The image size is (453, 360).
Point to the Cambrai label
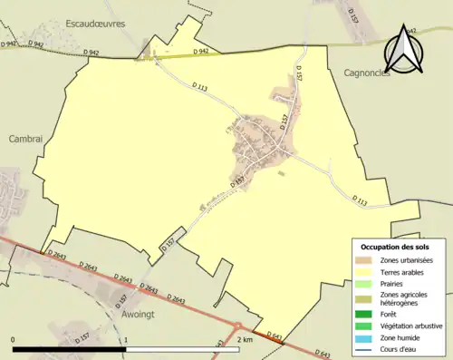pyautogui.click(x=24, y=139)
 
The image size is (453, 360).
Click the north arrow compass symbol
pyautogui.click(x=405, y=50)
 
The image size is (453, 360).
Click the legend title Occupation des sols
pyautogui.click(x=395, y=247)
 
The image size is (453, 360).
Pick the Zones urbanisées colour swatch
pyautogui.click(x=366, y=260)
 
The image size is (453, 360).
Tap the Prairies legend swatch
pyautogui.click(x=366, y=283)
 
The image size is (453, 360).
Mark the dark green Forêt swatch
pyautogui.click(x=366, y=315)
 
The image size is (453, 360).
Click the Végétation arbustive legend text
pyautogui.click(x=412, y=326)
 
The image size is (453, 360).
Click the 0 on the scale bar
pyautogui.click(x=14, y=339)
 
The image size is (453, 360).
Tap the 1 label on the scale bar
pyautogui.click(x=126, y=339)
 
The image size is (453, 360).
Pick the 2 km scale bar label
pyautogui.click(x=244, y=339)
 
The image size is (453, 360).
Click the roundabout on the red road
pyautogui.click(x=237, y=327)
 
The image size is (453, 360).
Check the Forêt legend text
pyautogui.click(x=392, y=315)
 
